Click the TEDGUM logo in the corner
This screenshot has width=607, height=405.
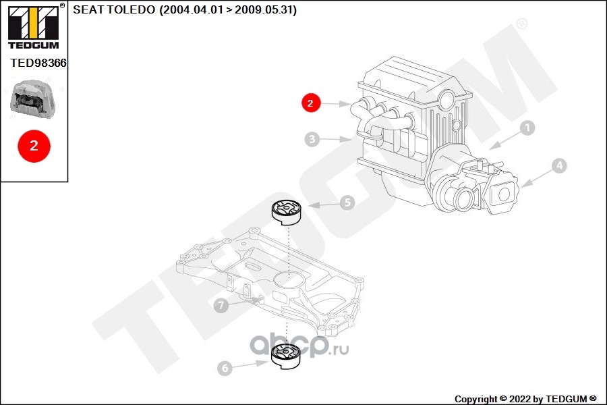[x=34, y=26]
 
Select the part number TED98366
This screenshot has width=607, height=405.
[x=38, y=63]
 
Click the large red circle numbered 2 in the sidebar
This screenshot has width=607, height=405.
[x=34, y=146]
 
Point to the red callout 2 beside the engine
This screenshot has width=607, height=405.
[x=311, y=103]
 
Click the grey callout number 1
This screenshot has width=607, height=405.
[x=527, y=128]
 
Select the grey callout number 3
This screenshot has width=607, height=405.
[x=312, y=139]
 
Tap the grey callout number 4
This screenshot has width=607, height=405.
[x=559, y=166]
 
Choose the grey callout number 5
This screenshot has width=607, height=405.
[x=347, y=202]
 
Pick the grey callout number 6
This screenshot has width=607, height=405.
[x=225, y=368]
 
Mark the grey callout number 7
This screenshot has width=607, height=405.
[x=221, y=305]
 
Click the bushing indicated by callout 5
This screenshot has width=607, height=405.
[x=287, y=213]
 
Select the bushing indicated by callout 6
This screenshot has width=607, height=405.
[x=286, y=356]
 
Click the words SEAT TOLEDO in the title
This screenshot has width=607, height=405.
[x=114, y=9]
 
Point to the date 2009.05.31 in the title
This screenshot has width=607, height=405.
[x=263, y=9]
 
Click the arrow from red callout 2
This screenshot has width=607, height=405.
[x=335, y=104]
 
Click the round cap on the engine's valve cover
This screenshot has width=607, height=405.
[x=448, y=99]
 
